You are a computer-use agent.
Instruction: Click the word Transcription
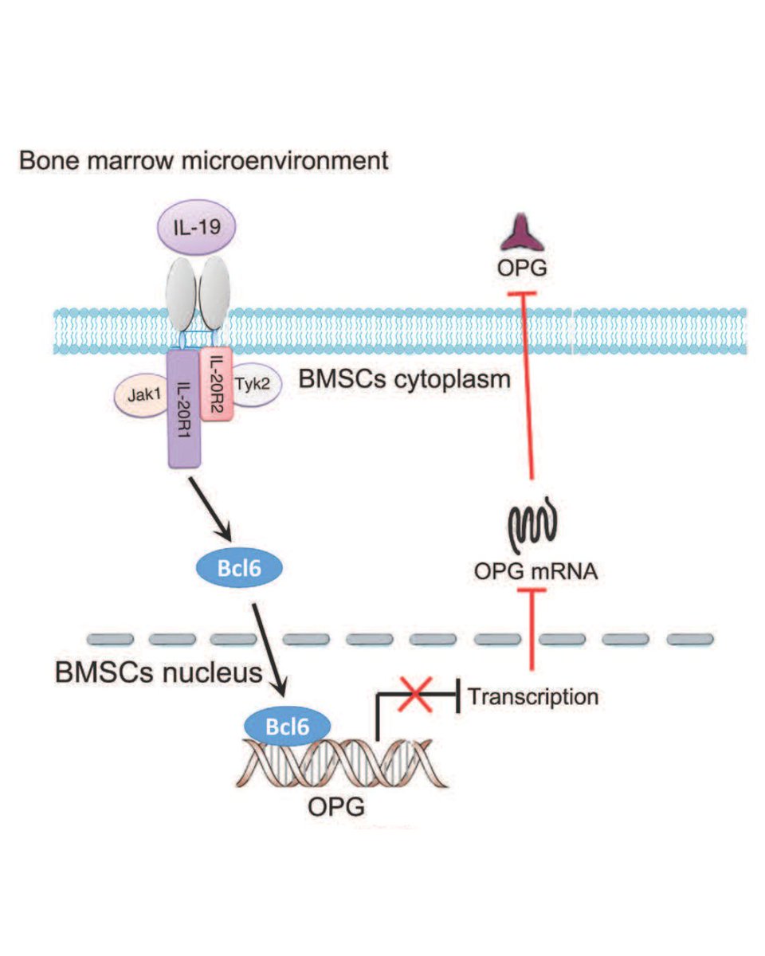532,697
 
